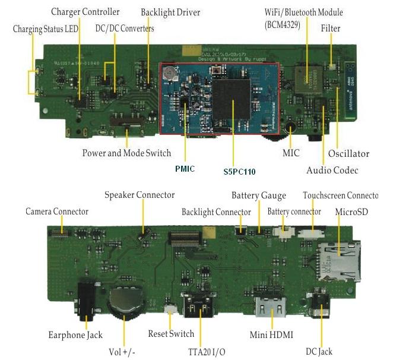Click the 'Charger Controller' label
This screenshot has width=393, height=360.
point(85,12)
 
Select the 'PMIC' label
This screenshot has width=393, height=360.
point(185,169)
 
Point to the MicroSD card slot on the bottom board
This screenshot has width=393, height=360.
point(339,260)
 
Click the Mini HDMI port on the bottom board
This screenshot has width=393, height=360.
point(270,310)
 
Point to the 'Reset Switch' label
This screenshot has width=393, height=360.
point(171,334)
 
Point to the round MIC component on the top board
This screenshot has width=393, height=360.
point(290,127)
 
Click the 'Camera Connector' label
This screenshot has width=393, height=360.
point(56,211)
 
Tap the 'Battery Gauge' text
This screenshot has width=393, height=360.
point(258,195)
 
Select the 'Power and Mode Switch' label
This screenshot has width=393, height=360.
point(126,153)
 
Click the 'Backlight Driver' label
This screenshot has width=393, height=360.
point(170,12)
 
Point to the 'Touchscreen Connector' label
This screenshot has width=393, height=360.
point(340,195)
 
